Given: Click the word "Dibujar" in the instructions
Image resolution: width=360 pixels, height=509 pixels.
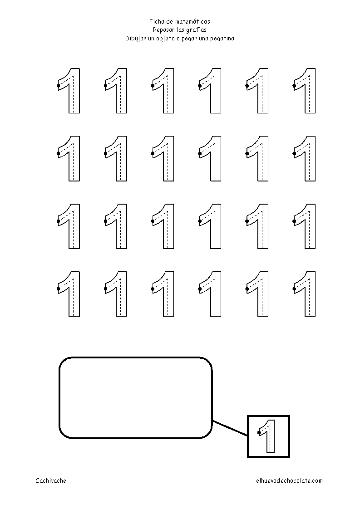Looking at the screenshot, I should point(136,39).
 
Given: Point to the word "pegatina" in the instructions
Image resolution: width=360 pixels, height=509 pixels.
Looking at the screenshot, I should point(222,39).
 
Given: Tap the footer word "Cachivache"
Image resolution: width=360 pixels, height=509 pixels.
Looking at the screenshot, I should point(51,481).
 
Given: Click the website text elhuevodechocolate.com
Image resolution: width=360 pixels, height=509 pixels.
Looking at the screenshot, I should point(289,481).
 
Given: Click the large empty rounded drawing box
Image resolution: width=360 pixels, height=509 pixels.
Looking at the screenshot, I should point(135,398).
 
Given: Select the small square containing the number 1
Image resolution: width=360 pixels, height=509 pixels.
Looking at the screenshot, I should point(268,436).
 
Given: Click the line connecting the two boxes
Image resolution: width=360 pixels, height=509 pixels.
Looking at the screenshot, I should point(230,429).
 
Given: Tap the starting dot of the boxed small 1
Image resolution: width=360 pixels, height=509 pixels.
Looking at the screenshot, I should point(259,433).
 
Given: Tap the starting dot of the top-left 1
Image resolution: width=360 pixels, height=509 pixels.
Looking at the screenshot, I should point(58,85).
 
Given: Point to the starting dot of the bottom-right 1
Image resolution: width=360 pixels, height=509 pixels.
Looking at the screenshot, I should point(294,289).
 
